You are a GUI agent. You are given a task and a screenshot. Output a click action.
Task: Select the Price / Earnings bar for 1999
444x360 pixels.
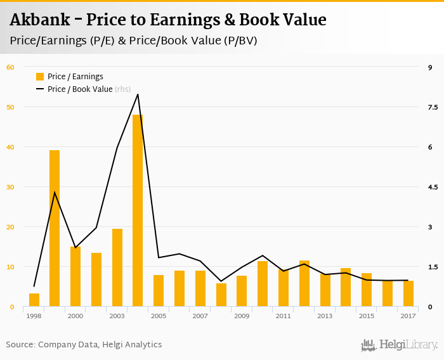point(55,228)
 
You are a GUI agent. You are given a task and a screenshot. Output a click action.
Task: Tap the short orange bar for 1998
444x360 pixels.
point(34,300)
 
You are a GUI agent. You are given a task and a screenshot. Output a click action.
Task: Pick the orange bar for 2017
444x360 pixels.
point(408,294)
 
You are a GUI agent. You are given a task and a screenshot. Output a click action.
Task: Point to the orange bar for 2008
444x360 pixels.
point(221,295)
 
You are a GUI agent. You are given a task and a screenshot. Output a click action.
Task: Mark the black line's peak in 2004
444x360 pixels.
point(138,94)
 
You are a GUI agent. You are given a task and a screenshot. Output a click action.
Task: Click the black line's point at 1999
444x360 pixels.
point(55,192)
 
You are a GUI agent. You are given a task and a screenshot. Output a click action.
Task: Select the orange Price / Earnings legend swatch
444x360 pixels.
point(40,77)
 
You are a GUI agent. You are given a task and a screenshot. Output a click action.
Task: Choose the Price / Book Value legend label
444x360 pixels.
point(80,89)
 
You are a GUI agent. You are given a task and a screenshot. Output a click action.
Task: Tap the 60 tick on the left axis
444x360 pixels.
point(10,67)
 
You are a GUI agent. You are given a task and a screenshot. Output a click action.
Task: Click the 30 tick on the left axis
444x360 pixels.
point(10,187)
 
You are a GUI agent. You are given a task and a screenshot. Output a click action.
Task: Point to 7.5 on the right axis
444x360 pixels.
point(433,107)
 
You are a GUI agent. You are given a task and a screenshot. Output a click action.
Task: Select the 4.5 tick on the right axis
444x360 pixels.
point(433,187)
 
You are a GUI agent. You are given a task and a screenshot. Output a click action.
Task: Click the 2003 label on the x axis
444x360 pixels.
point(117,316)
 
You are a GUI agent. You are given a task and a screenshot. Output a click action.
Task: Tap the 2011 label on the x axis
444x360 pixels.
point(284,316)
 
